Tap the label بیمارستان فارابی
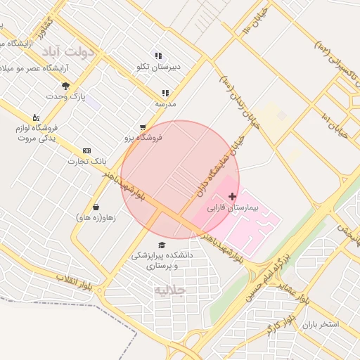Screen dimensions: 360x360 tap(233, 209)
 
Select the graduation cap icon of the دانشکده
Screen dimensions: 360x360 tap(162, 245)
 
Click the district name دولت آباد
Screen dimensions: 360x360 tap(67, 52)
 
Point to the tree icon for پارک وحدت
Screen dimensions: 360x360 tap(66, 86)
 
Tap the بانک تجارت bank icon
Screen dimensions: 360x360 tap(86, 151)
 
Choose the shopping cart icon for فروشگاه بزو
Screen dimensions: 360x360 tap(143, 128)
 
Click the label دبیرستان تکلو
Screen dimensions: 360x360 tap(158, 67)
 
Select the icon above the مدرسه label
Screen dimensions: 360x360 tap(165, 93)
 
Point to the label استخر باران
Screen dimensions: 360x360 tap(320, 325)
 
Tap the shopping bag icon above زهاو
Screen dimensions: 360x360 tap(96, 207)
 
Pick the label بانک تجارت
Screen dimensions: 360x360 tap(80, 162)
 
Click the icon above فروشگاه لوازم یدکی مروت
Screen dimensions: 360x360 tap(36, 117)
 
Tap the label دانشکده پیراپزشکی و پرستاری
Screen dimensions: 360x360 tap(162, 261)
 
